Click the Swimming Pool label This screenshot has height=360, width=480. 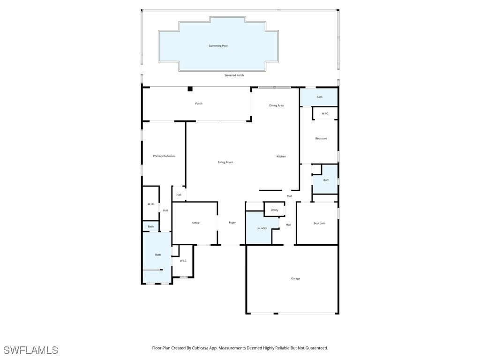pos(218,46)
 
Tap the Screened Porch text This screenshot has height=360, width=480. pos(234,75)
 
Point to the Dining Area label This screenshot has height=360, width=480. pos(276,105)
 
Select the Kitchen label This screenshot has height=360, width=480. pos(281,157)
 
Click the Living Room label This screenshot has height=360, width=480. pos(225,162)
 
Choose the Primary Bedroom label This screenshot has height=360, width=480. pos(164,156)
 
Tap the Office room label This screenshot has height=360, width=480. pos(196,223)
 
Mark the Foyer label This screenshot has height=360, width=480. pos(232,223)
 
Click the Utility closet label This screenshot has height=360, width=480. pos(275,210)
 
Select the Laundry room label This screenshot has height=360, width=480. pos(262,228)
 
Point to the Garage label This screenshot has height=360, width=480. pos(295,278)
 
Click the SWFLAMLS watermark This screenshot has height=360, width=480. pos(30,350)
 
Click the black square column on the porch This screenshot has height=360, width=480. pos(190,89)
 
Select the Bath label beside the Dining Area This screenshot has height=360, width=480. pos(319,97)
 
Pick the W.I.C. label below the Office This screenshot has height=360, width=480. pos(183,261)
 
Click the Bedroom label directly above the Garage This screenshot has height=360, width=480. pos(319,223)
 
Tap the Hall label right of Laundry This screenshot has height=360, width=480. pos(288,225)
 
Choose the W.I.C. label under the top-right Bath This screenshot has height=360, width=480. pos(325,113)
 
